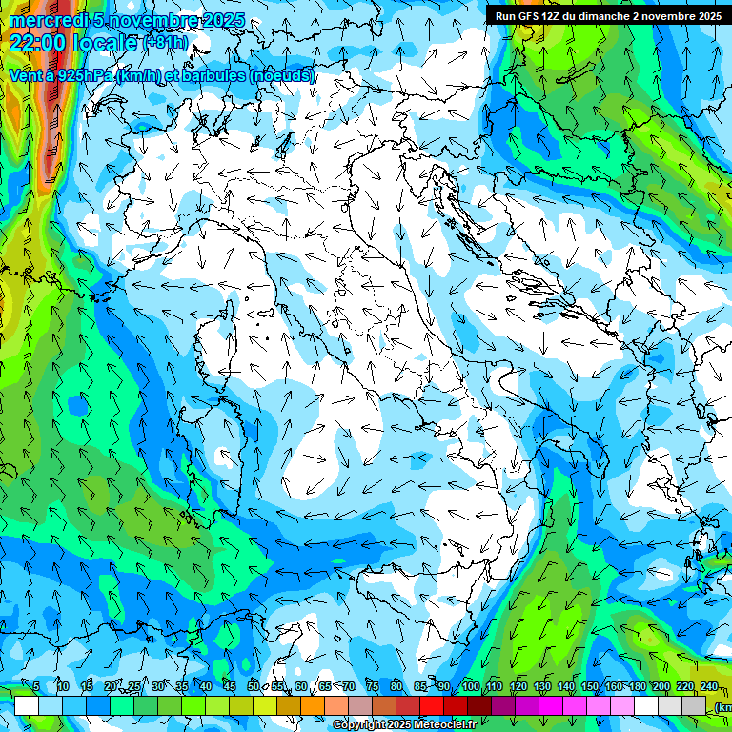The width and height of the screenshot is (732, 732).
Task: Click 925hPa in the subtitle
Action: [x=85, y=75]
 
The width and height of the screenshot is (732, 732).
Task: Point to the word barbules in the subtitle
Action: [x=210, y=75]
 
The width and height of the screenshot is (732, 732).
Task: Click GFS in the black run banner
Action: [x=527, y=16]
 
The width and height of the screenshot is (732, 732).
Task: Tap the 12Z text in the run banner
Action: [x=552, y=16]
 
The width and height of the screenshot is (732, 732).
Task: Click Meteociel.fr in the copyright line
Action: [x=439, y=725]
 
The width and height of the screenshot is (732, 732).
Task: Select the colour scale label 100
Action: [x=471, y=687]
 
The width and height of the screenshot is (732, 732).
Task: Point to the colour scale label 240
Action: [x=709, y=687]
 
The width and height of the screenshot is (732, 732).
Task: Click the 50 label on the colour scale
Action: [x=254, y=687]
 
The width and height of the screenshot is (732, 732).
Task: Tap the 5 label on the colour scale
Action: [x=36, y=687]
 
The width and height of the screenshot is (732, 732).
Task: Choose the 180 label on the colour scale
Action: [x=638, y=687]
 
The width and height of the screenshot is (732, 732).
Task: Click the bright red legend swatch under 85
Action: [x=432, y=706]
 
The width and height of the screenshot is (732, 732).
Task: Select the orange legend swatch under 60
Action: [x=313, y=706]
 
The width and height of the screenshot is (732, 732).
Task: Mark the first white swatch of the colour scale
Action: [x=27, y=706]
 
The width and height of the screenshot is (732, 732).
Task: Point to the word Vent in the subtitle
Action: [x=27, y=75]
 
